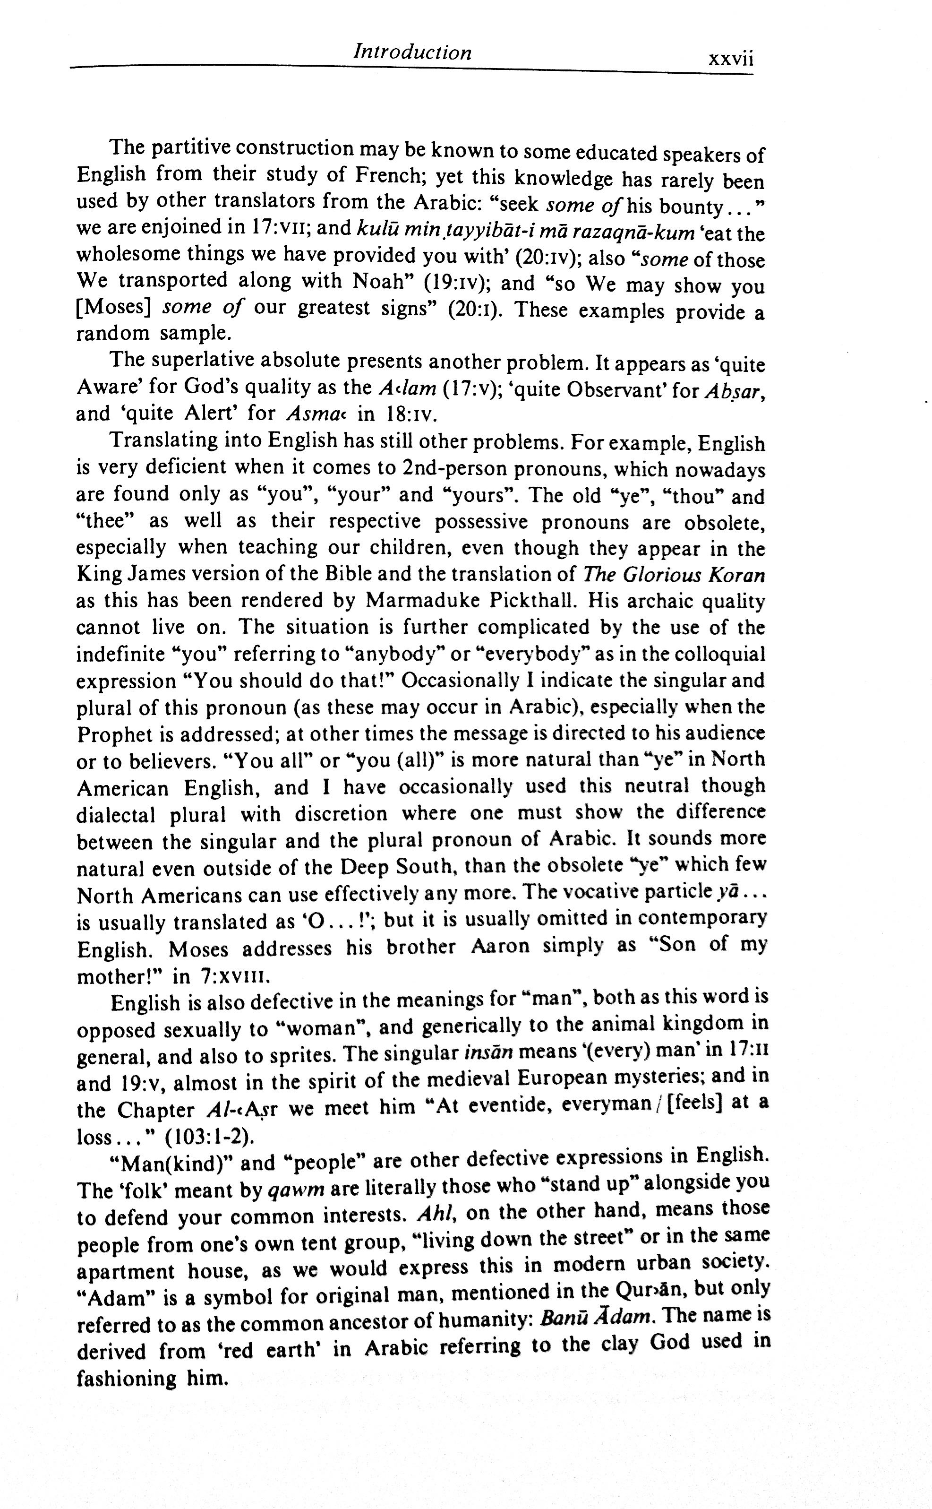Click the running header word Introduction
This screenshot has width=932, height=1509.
click(x=412, y=52)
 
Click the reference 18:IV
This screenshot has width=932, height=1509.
click(x=409, y=414)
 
